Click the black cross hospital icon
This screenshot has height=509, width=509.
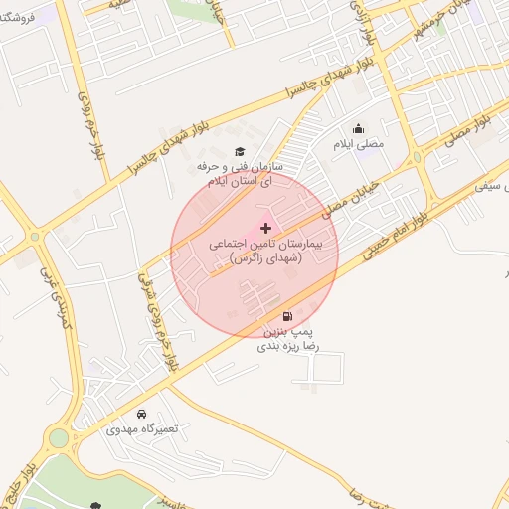[264, 229]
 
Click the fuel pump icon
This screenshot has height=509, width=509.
[288, 315]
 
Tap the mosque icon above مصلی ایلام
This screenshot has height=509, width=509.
[359, 129]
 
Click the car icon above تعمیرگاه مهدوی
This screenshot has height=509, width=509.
[141, 413]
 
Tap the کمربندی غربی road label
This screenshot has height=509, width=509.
[57, 298]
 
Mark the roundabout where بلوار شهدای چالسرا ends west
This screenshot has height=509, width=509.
[37, 237]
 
